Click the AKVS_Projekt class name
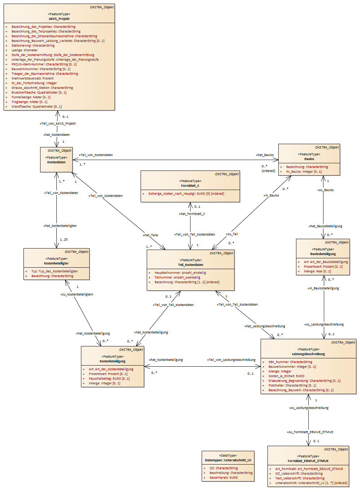pyautogui.click(x=59, y=19)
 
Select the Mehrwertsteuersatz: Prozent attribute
pyautogui.click(x=33, y=78)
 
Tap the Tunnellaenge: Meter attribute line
pyautogui.click(x=31, y=97)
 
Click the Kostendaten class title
pyautogui.click(x=56, y=162)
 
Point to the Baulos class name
pyautogui.click(x=309, y=159)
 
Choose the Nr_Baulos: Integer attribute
pyautogui.click(x=304, y=172)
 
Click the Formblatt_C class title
pyautogui.click(x=190, y=186)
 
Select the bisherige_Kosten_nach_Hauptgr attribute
pyautogui.click(x=186, y=194)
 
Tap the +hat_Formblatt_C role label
pyautogui.click(x=192, y=214)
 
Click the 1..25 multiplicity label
pyautogui.click(x=64, y=239)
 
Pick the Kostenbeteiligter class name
pyautogui.click(x=56, y=263)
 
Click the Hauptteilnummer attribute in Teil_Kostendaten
pyautogui.click(x=180, y=273)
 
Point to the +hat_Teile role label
pyautogui.click(x=150, y=235)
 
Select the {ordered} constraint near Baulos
pyautogui.click(x=268, y=171)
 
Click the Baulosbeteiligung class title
pyautogui.click(x=323, y=254)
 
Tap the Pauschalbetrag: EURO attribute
pyautogui.click(x=109, y=379)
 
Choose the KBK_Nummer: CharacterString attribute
pyautogui.click(x=290, y=362)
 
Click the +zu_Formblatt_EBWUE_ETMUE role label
pyautogui.click(x=310, y=432)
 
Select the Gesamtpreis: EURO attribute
pyautogui.click(x=223, y=478)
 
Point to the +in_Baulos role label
pyautogui.click(x=271, y=195)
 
